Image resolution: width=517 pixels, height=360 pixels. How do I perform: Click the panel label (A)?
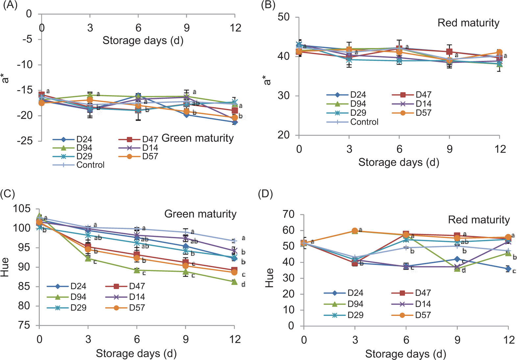tap(10, 6)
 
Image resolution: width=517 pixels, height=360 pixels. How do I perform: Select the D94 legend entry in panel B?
tap(358, 104)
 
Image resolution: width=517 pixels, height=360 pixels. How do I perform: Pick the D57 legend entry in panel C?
tap(137, 308)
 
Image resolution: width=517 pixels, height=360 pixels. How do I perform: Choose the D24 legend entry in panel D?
tap(355, 293)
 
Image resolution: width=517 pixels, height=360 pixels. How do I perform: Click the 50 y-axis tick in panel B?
tap(283, 17)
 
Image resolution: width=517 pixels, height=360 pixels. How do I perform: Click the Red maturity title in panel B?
tap(468, 23)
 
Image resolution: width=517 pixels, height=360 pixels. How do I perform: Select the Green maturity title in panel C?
tap(200, 214)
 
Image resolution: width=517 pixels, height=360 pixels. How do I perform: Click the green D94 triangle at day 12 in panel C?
tap(234, 282)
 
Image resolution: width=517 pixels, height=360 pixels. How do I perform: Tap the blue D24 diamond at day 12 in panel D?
tap(508, 269)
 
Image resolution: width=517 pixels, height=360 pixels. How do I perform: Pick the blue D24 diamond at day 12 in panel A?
tap(234, 122)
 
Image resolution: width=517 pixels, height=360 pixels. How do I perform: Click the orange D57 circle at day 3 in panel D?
tap(355, 231)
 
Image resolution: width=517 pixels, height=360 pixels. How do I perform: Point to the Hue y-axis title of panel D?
tap(269, 278)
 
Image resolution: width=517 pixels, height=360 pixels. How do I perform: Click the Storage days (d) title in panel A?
tap(143, 40)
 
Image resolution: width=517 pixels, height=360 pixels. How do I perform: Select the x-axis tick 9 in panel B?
tap(449, 149)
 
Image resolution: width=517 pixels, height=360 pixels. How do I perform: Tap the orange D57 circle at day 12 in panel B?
tap(499, 52)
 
